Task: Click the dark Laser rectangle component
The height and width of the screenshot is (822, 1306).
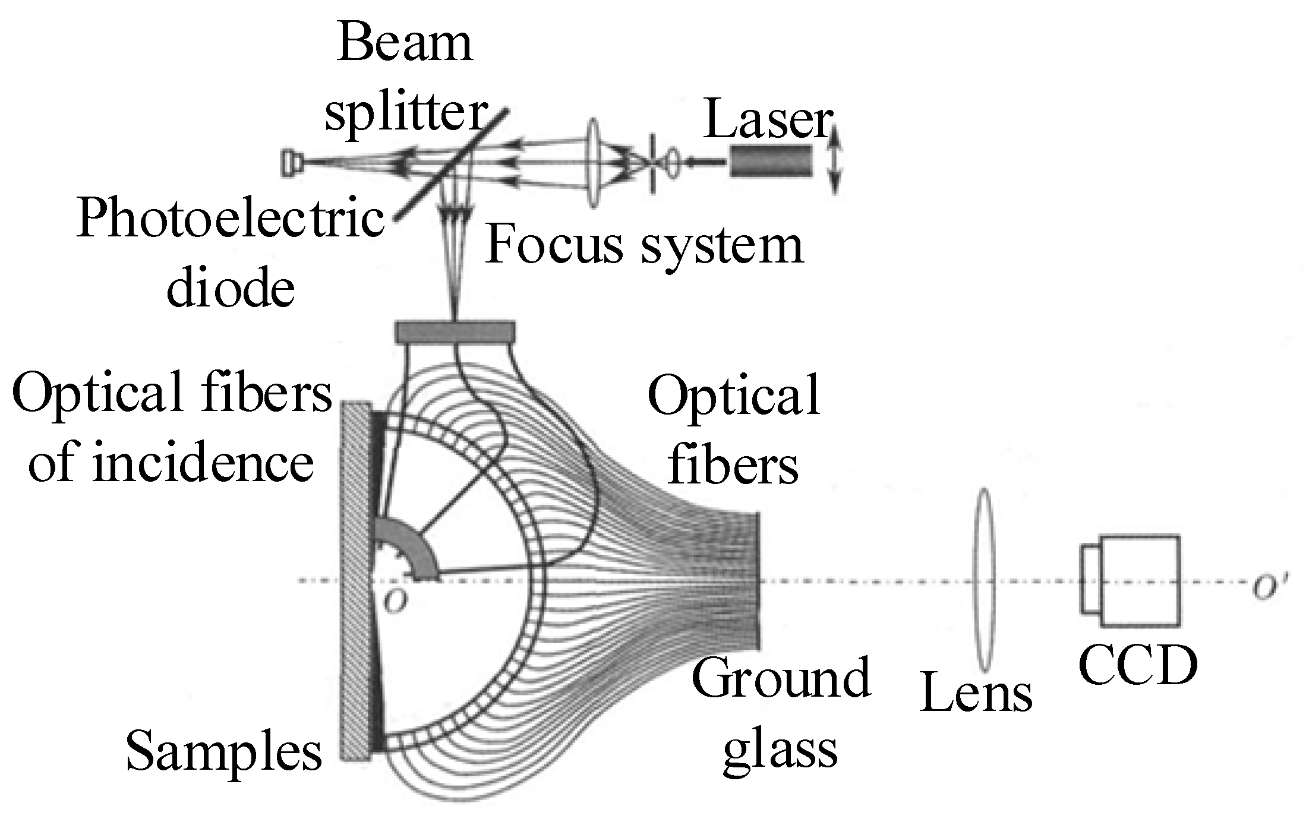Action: pos(771,160)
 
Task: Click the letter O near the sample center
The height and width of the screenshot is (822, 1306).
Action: pos(395,602)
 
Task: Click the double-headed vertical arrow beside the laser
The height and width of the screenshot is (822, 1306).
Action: pos(834,159)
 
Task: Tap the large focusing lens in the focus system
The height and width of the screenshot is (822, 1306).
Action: pos(592,163)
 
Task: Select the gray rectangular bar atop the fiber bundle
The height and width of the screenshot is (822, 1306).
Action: pos(455,332)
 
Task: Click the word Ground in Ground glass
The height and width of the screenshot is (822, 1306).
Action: pos(781,678)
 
